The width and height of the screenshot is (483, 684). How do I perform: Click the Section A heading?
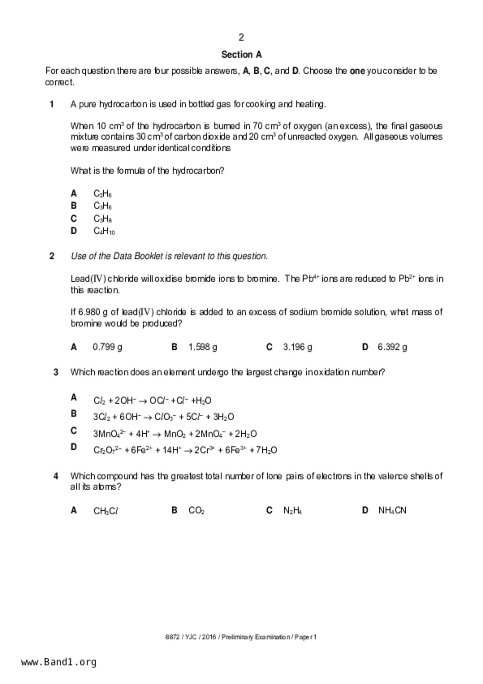[241, 55]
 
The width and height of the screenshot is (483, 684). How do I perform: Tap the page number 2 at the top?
[241, 37]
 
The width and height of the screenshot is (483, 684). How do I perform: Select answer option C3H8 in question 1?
[103, 219]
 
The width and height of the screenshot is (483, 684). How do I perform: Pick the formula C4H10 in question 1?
[104, 231]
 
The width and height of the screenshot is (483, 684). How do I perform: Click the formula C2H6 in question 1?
[103, 193]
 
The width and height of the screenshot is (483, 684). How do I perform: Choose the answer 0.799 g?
[107, 347]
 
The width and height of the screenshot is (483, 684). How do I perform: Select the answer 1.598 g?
[203, 347]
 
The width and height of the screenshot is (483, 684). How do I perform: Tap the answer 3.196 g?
[297, 347]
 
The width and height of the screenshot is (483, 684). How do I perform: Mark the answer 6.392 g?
[392, 347]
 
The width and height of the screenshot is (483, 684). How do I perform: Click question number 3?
[56, 372]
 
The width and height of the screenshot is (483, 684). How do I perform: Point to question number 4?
[56, 476]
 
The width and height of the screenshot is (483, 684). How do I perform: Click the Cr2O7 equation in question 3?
[185, 450]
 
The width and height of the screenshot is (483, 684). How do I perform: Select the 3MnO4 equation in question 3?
[175, 434]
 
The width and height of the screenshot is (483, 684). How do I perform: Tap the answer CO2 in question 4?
[196, 510]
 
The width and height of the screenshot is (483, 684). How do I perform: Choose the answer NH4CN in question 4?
[392, 510]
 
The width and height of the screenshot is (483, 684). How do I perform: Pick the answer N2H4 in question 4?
[292, 510]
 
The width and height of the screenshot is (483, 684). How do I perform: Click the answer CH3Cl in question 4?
[106, 510]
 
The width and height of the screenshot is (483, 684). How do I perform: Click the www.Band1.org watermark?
[58, 662]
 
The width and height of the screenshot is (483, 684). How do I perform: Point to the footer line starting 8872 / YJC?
[241, 637]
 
